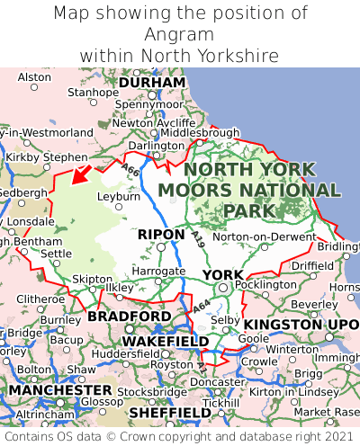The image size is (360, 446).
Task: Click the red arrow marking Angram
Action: pyautogui.click(x=83, y=173)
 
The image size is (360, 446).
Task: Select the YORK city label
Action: pyautogui.click(x=222, y=274)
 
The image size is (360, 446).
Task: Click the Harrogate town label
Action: pyautogui.click(x=158, y=270)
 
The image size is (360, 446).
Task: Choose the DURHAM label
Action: pyautogui.click(x=151, y=82)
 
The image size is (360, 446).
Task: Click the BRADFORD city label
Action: pyautogui.click(x=129, y=317)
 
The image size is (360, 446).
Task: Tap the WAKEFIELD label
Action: pyautogui.click(x=165, y=342)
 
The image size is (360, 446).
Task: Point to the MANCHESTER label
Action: pyautogui.click(x=59, y=391)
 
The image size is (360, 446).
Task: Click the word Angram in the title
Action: pyautogui.click(x=179, y=34)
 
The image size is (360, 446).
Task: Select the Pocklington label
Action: pyautogui.click(x=265, y=284)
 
